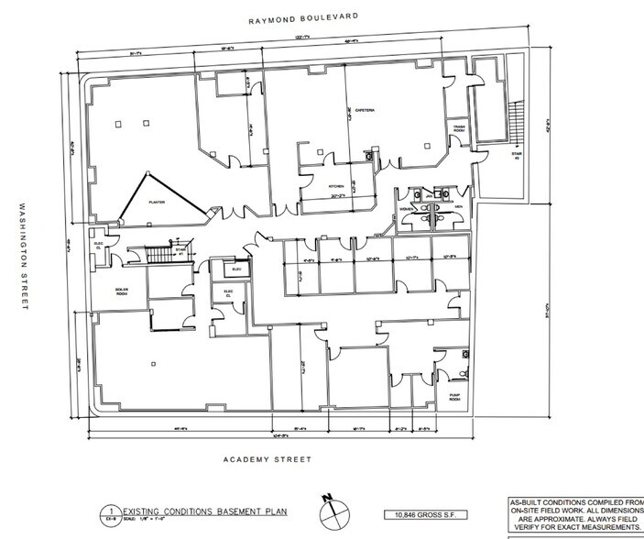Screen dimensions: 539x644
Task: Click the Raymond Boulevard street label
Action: click(x=300, y=17)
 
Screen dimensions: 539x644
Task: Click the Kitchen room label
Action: click(x=336, y=186)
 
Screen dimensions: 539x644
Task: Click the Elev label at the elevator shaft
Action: click(x=235, y=269)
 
